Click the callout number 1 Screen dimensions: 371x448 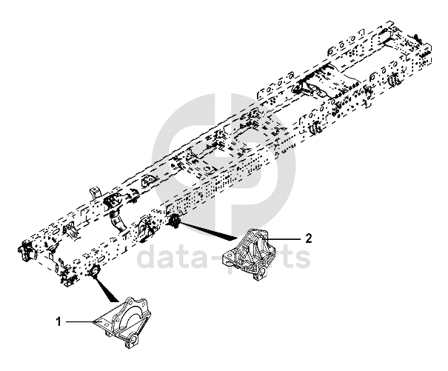pyautogui.click(x=58, y=322)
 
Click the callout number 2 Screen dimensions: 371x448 pyautogui.click(x=310, y=238)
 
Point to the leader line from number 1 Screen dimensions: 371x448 pyautogui.click(x=78, y=322)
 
